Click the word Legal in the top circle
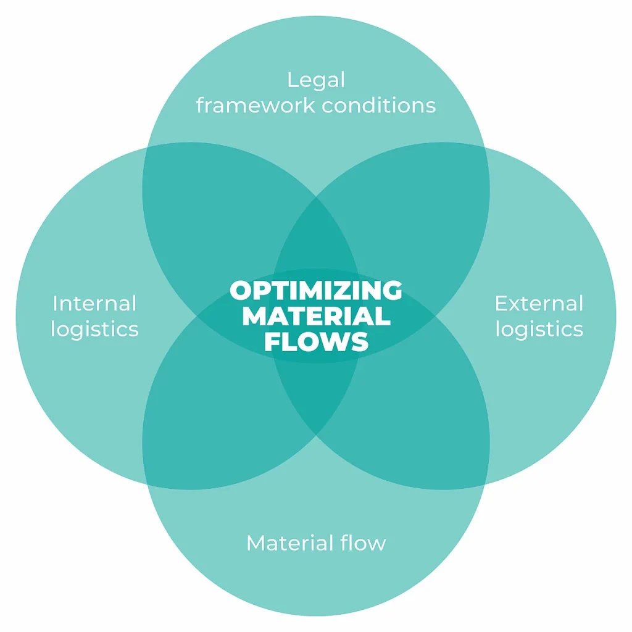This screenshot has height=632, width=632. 316,80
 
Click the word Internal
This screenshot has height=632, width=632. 94,303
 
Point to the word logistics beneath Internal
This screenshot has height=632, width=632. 94,328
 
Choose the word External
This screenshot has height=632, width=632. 539,303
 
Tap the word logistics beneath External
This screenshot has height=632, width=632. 539,328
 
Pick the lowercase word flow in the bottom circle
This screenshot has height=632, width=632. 364,543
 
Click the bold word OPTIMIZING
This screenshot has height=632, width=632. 316,290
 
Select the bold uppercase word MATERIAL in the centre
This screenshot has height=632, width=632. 316,316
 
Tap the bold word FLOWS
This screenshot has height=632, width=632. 316,342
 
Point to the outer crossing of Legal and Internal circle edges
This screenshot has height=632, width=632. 146,148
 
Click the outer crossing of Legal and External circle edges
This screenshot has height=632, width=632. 486,148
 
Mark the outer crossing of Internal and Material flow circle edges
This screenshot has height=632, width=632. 146,484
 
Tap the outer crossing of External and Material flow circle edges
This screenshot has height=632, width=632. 486,484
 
